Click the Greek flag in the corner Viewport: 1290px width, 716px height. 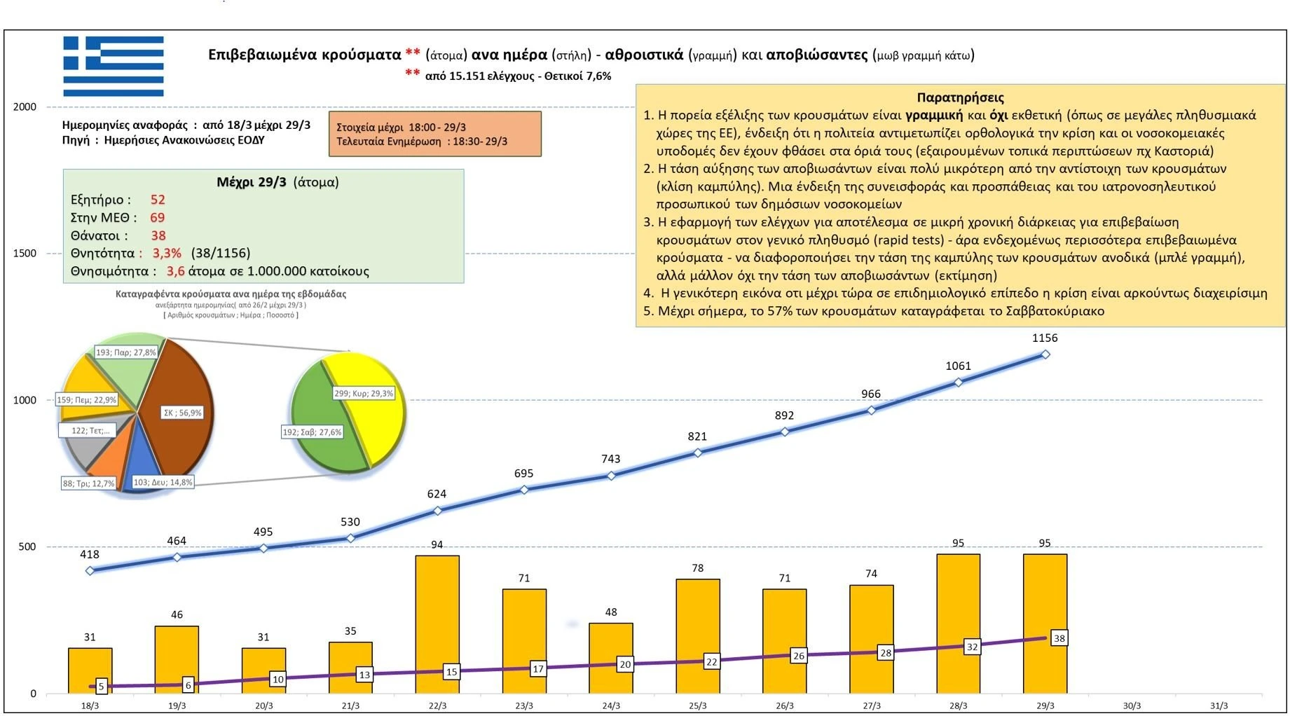113,67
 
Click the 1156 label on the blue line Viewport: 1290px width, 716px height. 1044,338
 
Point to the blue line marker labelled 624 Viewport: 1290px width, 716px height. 437,511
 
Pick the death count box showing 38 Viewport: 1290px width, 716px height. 1059,638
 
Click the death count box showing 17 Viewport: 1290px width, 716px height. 537,669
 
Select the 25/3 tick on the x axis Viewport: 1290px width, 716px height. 697,705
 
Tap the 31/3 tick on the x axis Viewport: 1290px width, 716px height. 1219,705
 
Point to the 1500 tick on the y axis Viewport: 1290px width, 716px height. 25,254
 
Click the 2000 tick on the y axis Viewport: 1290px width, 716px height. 25,107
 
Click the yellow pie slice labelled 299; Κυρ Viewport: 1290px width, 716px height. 371,406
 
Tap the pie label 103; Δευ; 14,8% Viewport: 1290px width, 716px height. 163,483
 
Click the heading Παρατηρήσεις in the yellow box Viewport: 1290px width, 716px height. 960,98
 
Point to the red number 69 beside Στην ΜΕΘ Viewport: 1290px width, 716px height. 157,218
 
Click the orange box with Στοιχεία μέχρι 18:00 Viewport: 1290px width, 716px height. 434,134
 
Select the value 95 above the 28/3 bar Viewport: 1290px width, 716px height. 958,543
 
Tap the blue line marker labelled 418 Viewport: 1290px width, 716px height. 90,571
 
